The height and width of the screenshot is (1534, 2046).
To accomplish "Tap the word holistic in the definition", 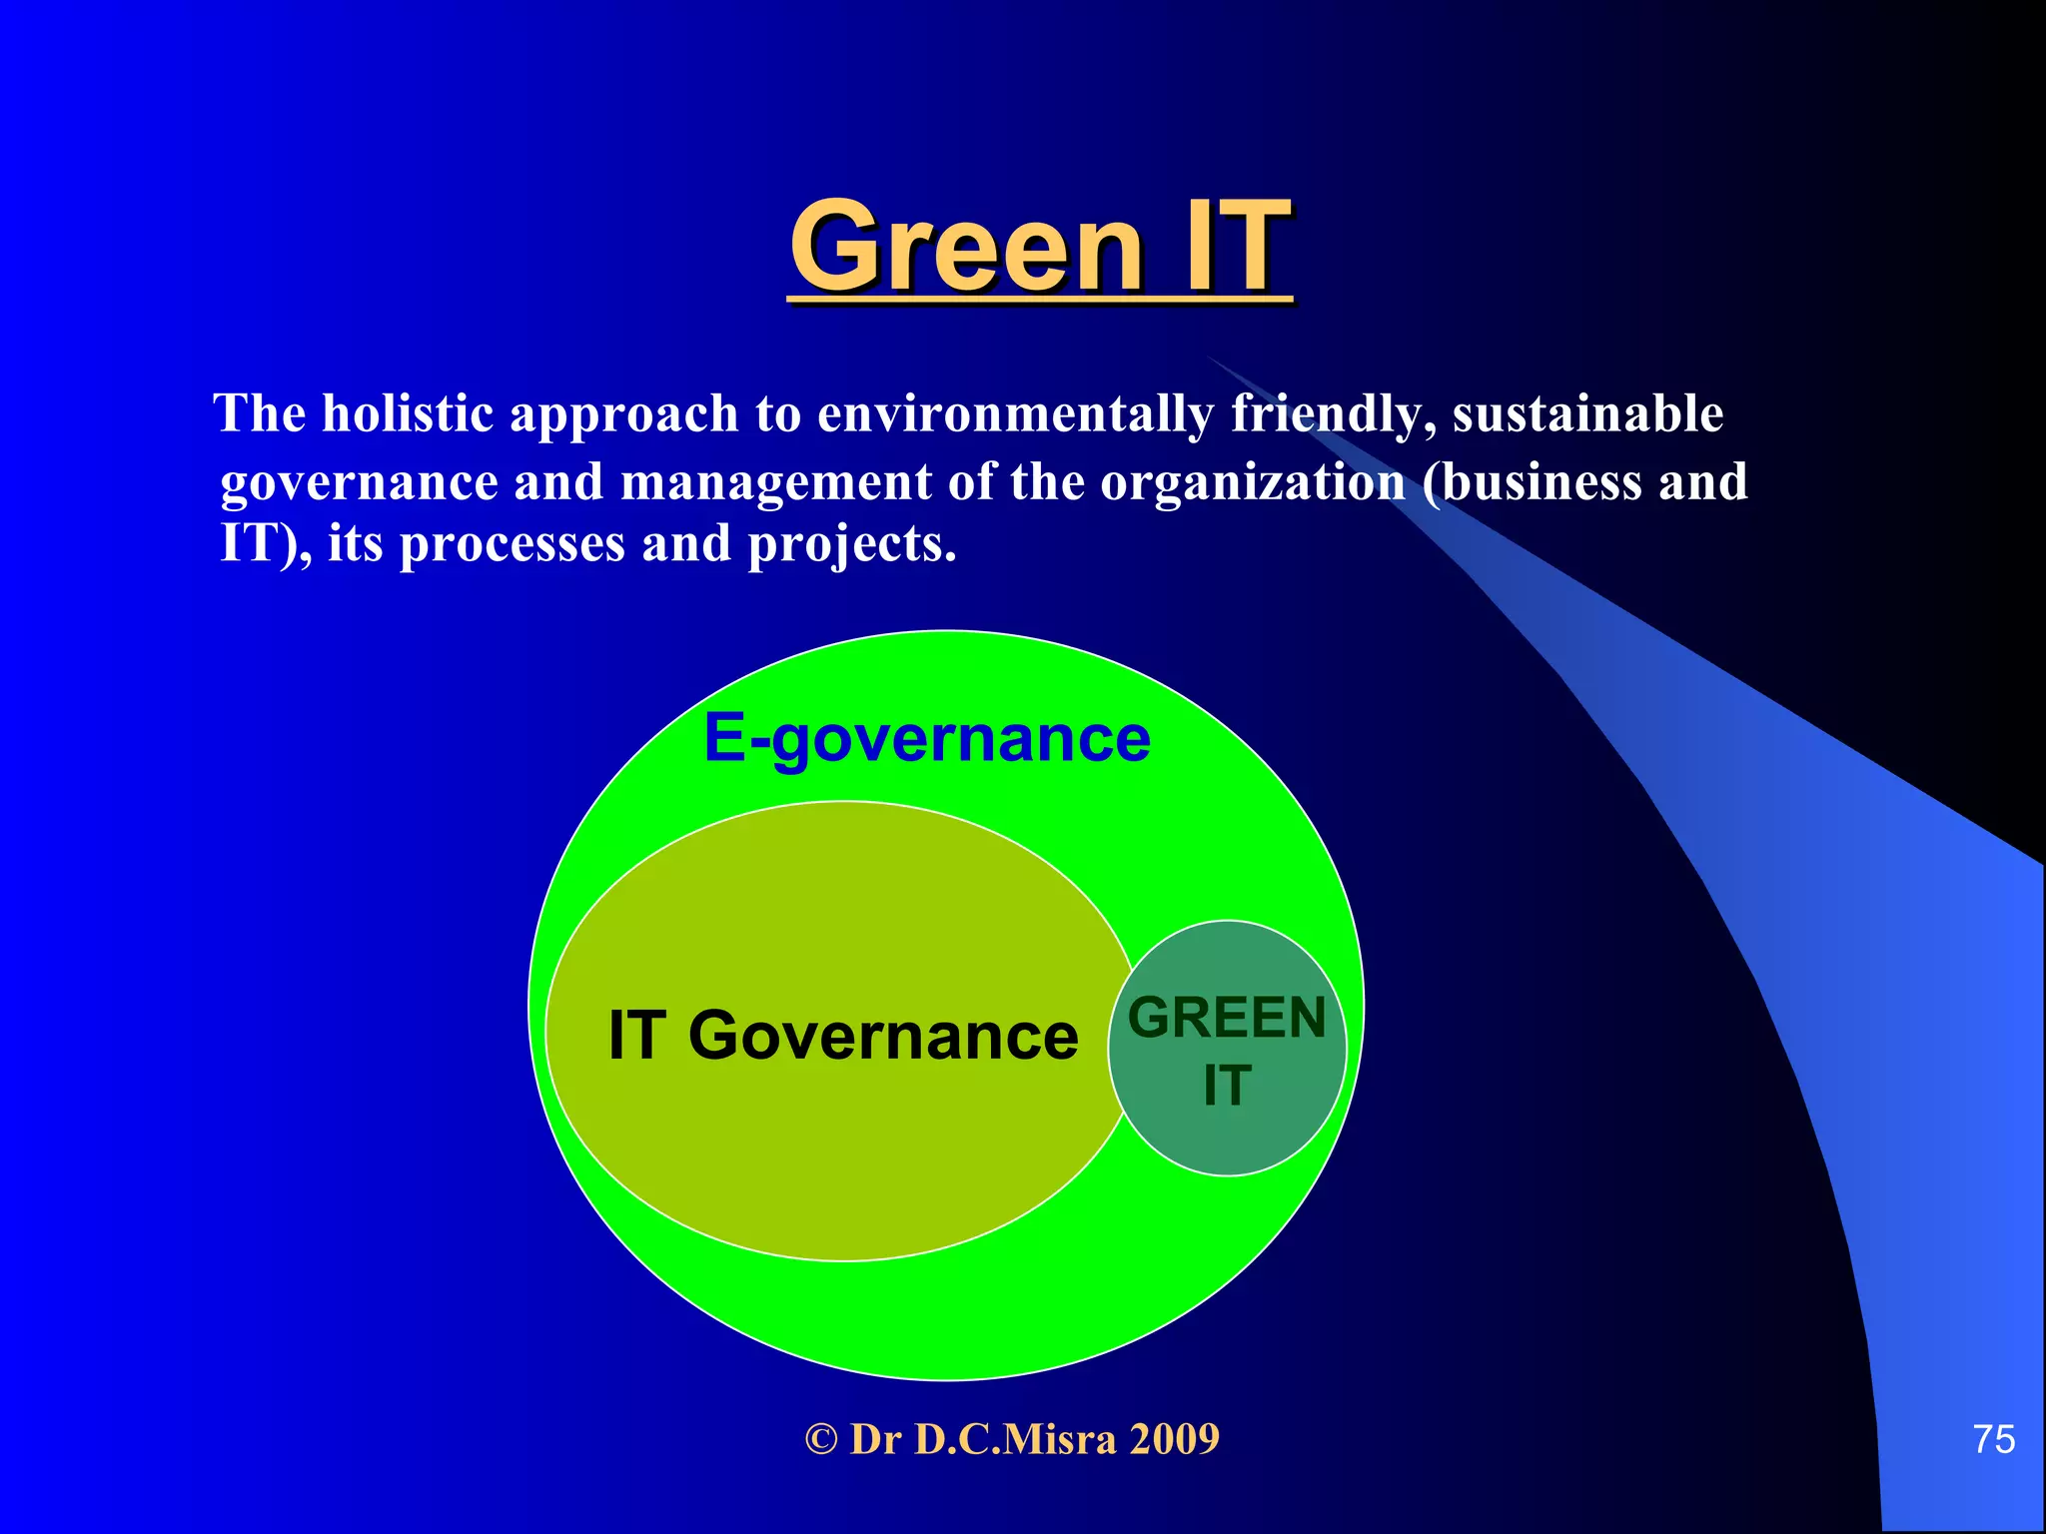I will (x=408, y=413).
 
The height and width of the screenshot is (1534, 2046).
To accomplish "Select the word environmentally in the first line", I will (x=1015, y=414).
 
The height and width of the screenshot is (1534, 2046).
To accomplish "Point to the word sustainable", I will (x=1587, y=413).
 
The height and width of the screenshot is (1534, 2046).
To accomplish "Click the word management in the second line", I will (x=775, y=482).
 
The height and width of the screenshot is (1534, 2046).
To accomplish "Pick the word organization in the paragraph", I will (x=1253, y=482).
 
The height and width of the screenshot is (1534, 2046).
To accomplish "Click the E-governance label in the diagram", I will (x=927, y=740).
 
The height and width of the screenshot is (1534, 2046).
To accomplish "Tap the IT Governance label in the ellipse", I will (x=843, y=1035).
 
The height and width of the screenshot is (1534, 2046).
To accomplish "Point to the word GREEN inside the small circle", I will (x=1227, y=1018).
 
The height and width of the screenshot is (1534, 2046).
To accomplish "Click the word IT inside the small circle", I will (x=1227, y=1085).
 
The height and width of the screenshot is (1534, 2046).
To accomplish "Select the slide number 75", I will (x=1993, y=1439).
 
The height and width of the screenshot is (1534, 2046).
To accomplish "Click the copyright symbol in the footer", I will (x=820, y=1439).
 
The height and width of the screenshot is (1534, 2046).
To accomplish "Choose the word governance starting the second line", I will (x=359, y=482).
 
